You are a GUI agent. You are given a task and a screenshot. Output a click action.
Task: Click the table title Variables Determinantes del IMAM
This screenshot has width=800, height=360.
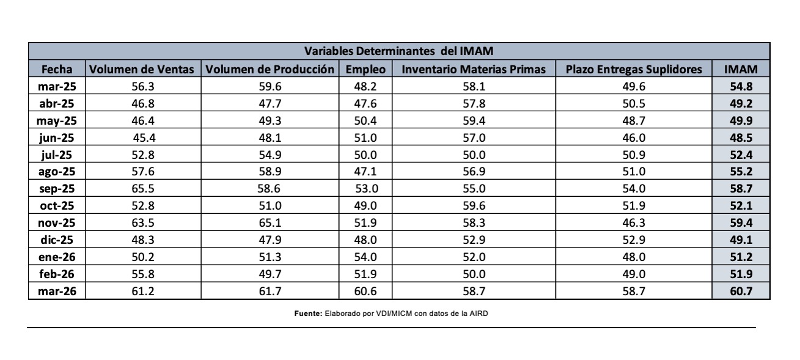point(398,51)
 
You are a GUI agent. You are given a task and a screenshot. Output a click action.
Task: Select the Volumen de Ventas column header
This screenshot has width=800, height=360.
point(142,70)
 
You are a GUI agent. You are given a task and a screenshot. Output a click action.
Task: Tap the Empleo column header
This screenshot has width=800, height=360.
point(365,70)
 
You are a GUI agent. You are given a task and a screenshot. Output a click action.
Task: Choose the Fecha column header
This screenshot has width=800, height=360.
point(57,70)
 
